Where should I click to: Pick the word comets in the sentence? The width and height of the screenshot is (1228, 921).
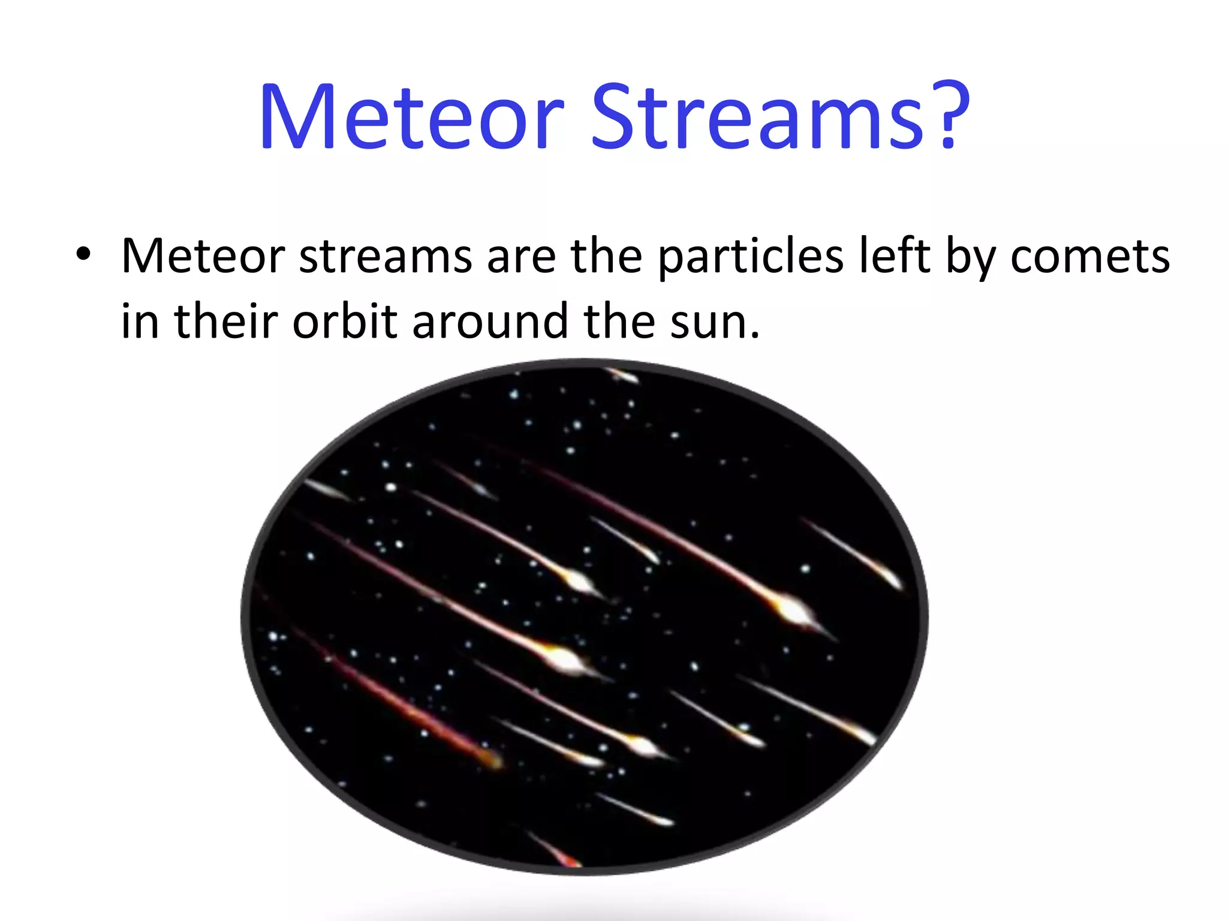coord(1089,257)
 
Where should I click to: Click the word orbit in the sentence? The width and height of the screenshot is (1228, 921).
coord(345,321)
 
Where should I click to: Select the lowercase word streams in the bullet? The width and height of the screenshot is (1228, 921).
coord(385,257)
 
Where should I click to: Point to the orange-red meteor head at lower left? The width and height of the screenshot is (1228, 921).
coord(493,760)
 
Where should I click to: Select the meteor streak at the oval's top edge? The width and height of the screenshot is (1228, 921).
coord(624,376)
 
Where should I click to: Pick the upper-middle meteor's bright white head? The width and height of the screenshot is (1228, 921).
coord(578,580)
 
